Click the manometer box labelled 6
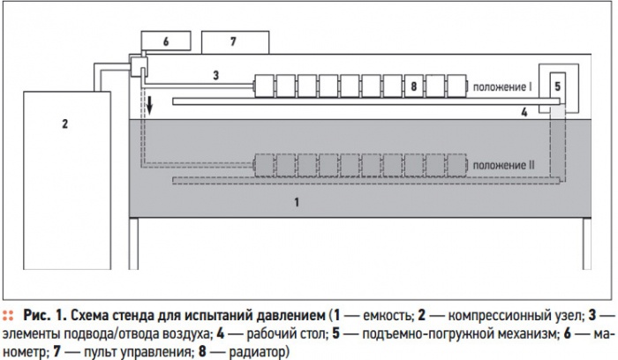pos(166,41)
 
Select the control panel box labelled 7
pos(236,42)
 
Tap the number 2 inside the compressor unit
pos(65,124)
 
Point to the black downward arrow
pos(150,104)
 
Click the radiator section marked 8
pos(414,86)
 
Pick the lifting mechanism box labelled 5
pos(557,87)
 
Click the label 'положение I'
pos(502,86)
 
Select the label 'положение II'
pos(504,165)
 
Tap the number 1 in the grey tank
pos(297,202)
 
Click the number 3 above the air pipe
pos(216,75)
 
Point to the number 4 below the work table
pos(524,112)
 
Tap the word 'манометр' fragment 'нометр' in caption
pos(25,351)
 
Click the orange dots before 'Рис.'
pos(8,316)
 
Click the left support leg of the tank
pos(133,244)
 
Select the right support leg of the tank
pos(587,244)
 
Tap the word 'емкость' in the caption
pos(388,316)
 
